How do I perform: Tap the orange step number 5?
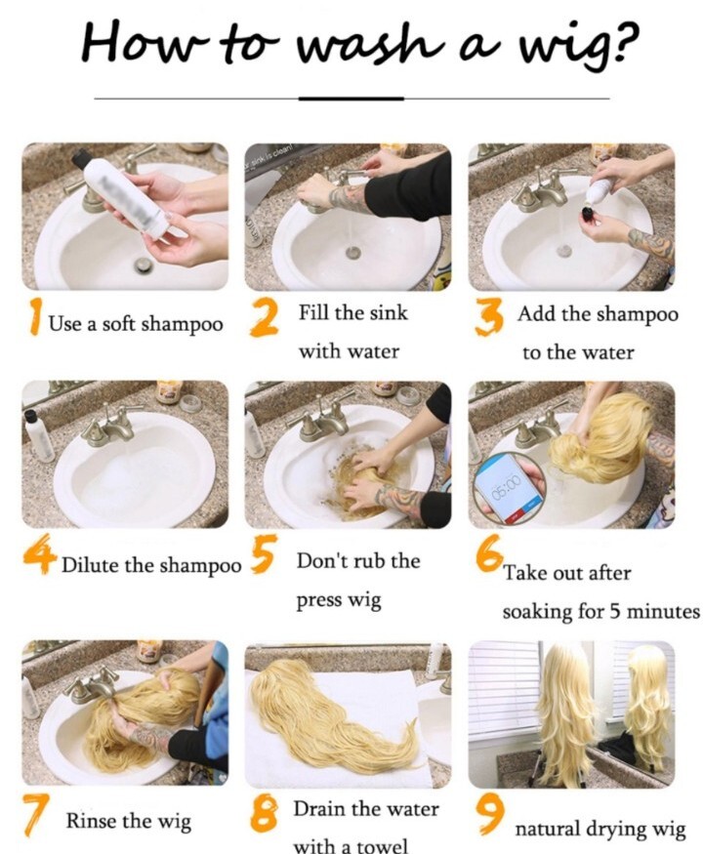264,553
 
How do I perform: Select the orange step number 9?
489,814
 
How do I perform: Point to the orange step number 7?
35,814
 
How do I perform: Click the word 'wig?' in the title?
577,46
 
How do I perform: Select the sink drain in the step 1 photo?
144,265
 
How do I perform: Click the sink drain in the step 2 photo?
353,252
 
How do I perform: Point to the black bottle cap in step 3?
588,213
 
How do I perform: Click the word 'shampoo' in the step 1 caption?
182,324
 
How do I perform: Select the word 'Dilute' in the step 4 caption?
91,565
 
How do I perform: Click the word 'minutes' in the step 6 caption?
663,611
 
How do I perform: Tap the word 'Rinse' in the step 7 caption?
91,820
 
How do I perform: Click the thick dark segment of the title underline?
351,99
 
